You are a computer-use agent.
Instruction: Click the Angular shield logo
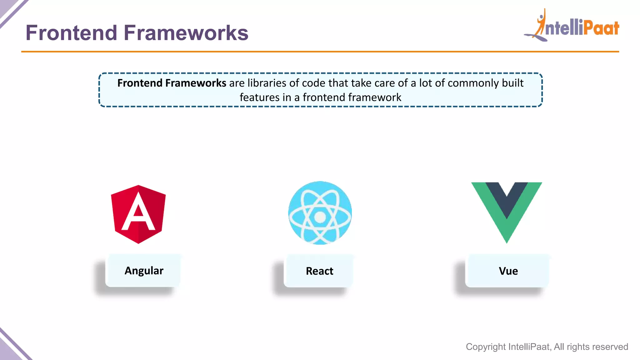pyautogui.click(x=138, y=214)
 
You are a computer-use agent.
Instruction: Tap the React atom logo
pyautogui.click(x=320, y=213)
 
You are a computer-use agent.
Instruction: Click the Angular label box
pyautogui.click(x=144, y=271)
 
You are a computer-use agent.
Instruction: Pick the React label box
pyautogui.click(x=319, y=271)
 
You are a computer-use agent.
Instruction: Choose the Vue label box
pyautogui.click(x=508, y=271)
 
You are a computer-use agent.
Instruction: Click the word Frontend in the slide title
pyautogui.click(x=71, y=33)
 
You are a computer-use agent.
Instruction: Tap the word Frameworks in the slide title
pyautogui.click(x=186, y=33)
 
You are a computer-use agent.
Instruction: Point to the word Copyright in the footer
pyautogui.click(x=486, y=347)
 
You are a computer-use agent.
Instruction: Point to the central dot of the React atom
pyautogui.click(x=320, y=217)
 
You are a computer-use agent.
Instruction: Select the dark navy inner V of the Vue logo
pyautogui.click(x=507, y=197)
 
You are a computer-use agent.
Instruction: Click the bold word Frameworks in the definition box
pyautogui.click(x=196, y=83)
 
